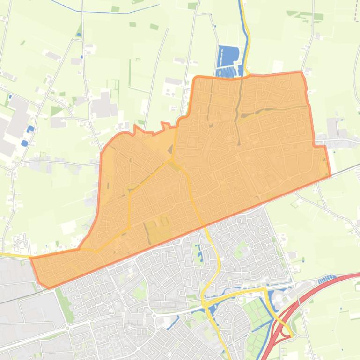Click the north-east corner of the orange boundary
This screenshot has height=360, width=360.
tap(302, 72)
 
